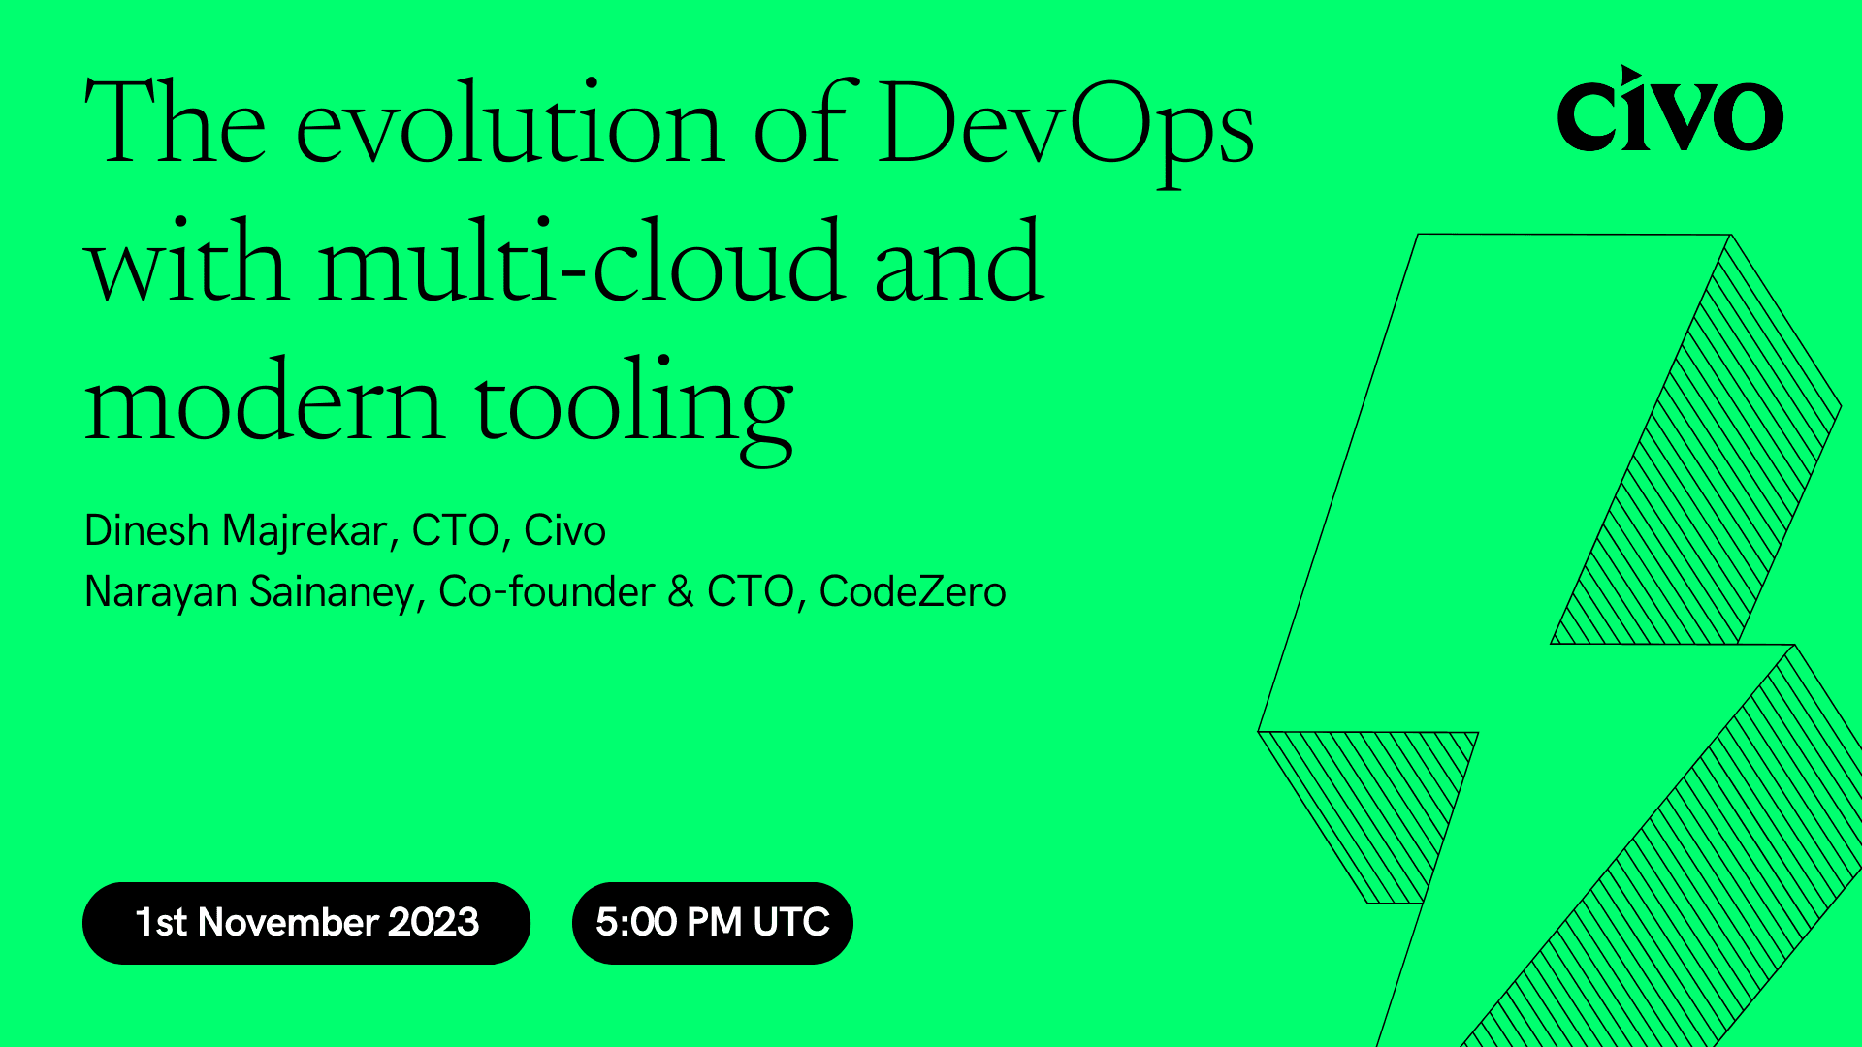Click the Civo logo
pos(1669,111)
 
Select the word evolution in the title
pos(509,126)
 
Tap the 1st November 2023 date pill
pos(306,923)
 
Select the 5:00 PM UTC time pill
pos(712,923)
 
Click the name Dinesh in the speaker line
pos(146,530)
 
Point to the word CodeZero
pos(912,591)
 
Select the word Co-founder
pos(546,591)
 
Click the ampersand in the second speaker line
pos(681,591)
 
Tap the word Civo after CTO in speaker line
pos(564,530)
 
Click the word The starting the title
pos(175,126)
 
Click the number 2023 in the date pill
pos(433,923)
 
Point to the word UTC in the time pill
pos(790,923)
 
